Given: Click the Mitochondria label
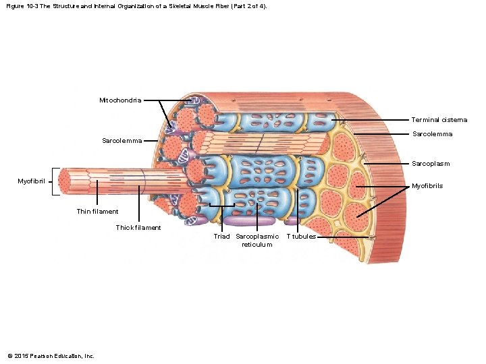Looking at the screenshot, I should pyautogui.click(x=120, y=100).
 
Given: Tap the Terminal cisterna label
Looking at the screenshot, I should pyautogui.click(x=439, y=120).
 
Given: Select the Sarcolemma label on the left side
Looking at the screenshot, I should pyautogui.click(x=122, y=141).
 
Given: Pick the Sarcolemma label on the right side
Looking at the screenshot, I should pyautogui.click(x=432, y=134).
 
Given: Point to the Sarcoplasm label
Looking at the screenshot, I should pyautogui.click(x=431, y=164).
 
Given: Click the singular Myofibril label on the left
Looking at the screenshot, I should pyautogui.click(x=32, y=181).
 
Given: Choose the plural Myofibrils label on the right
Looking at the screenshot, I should pyautogui.click(x=427, y=186).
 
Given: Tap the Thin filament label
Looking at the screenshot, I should pyautogui.click(x=97, y=212).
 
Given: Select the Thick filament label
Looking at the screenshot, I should pyautogui.click(x=138, y=228).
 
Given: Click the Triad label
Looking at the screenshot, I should pyautogui.click(x=221, y=237).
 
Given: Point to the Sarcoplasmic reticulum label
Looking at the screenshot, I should pyautogui.click(x=257, y=241).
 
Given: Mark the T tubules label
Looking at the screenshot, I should pyautogui.click(x=301, y=237).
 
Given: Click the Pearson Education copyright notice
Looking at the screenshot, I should pyautogui.click(x=51, y=356).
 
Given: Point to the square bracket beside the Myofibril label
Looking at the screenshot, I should pyautogui.click(x=53, y=181).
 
